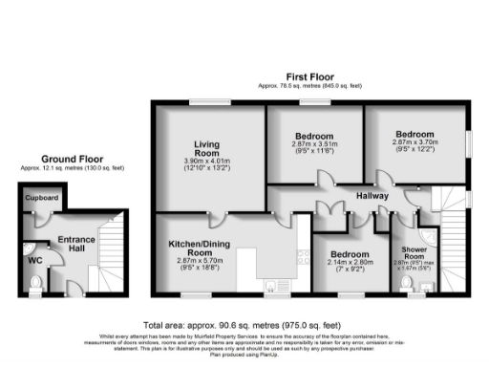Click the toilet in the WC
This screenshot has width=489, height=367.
36,282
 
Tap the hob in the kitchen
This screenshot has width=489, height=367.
301,255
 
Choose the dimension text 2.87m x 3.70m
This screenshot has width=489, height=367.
413,142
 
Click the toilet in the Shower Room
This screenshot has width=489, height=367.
425,285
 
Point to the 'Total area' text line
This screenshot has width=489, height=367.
244,324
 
